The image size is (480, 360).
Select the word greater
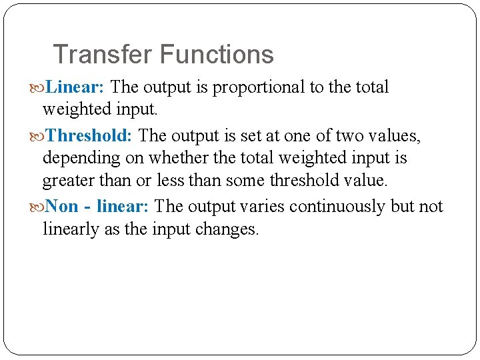tap(69, 181)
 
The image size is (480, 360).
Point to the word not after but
tap(431, 207)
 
